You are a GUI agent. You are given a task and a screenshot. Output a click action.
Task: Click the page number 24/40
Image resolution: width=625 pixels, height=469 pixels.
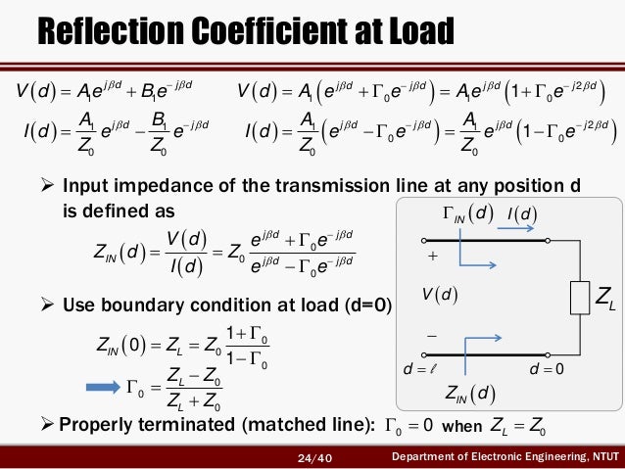[x=315, y=458]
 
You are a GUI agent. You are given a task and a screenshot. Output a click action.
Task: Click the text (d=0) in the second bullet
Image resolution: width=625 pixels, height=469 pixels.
[x=365, y=305]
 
